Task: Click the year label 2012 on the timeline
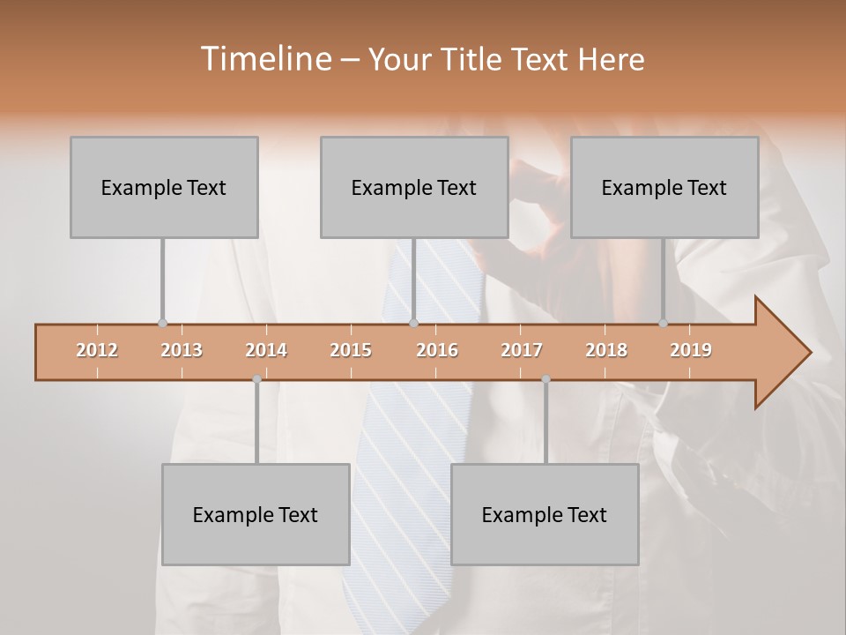pyautogui.click(x=97, y=350)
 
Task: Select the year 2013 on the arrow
pyautogui.click(x=182, y=350)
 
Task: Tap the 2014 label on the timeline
pyautogui.click(x=266, y=350)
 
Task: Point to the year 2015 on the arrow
pyautogui.click(x=351, y=350)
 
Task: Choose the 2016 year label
pyautogui.click(x=437, y=350)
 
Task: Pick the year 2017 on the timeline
pyautogui.click(x=522, y=350)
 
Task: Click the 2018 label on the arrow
pyautogui.click(x=606, y=350)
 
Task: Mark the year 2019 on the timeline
pyautogui.click(x=691, y=350)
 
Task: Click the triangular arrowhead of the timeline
pyautogui.click(x=780, y=353)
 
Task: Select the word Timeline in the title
pyautogui.click(x=264, y=59)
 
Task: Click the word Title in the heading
pyautogui.click(x=474, y=59)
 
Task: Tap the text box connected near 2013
pyautogui.click(x=164, y=187)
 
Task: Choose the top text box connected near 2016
pyautogui.click(x=414, y=187)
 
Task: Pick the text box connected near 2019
pyautogui.click(x=664, y=187)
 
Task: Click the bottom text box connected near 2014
pyautogui.click(x=256, y=514)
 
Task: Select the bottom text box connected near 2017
pyautogui.click(x=545, y=514)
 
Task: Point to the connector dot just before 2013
pyautogui.click(x=162, y=323)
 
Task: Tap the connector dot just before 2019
pyautogui.click(x=663, y=323)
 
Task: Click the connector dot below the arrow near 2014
pyautogui.click(x=256, y=379)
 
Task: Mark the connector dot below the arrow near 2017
pyautogui.click(x=545, y=379)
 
